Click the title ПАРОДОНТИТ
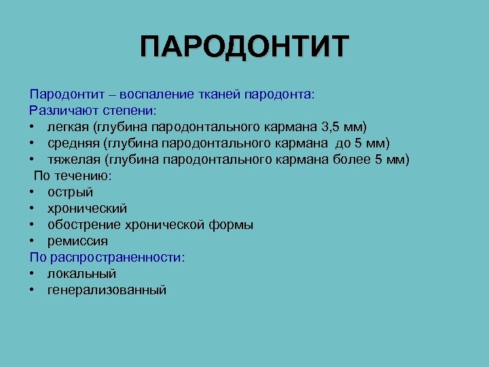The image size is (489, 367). (x=244, y=48)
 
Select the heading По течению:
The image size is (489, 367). (x=73, y=175)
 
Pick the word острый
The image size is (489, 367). (x=70, y=192)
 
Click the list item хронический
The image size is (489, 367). (x=87, y=209)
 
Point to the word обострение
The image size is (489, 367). (x=83, y=225)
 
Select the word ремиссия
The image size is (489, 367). (x=77, y=241)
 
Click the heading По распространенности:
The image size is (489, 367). (x=107, y=258)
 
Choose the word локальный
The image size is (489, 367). (x=81, y=274)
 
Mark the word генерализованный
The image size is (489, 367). (x=107, y=290)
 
